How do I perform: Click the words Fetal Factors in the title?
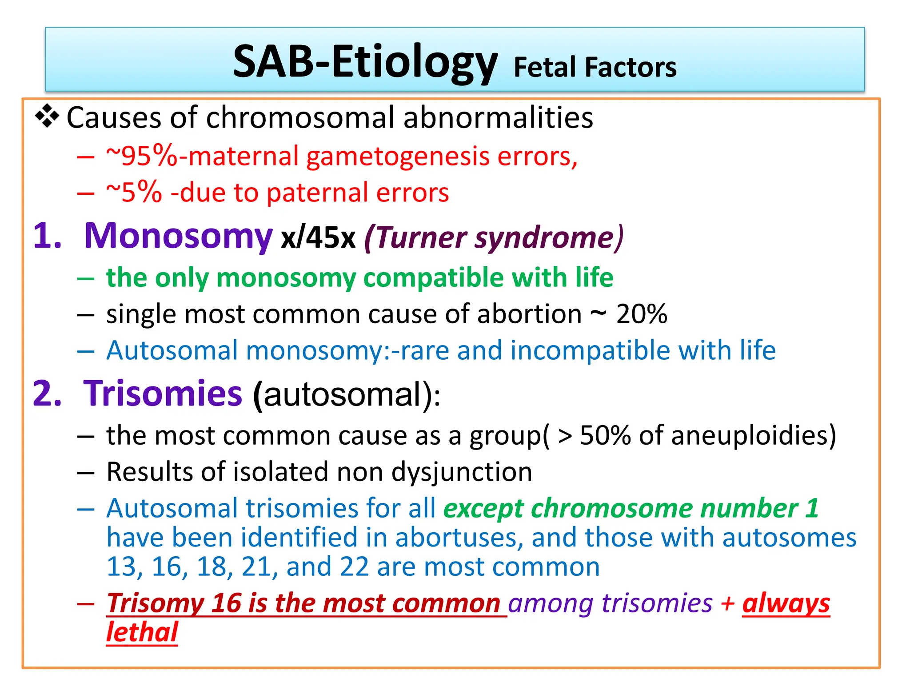coord(595,68)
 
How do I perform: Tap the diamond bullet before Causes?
coord(47,117)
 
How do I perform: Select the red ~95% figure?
coord(141,157)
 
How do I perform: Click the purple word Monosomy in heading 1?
coord(178,236)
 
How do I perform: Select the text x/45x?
coord(318,237)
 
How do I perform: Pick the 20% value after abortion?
coord(642,314)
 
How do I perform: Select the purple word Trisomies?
coord(163,394)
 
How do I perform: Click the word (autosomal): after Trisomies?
coord(347,395)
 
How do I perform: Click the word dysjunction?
coord(462,472)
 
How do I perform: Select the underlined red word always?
coord(786,604)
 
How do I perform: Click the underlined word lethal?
coord(142,632)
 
